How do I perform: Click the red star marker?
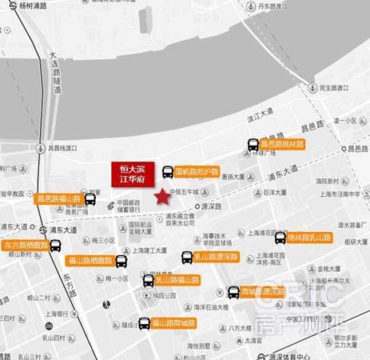coord(162,196)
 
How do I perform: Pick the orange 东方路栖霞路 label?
coord(26,245)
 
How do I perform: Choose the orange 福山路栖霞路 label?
coord(90,260)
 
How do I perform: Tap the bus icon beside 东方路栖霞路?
coord(56,245)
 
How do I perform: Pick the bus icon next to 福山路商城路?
coord(145,323)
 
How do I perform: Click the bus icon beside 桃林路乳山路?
coord(280,238)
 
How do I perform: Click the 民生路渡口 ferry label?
coord(328,87)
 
